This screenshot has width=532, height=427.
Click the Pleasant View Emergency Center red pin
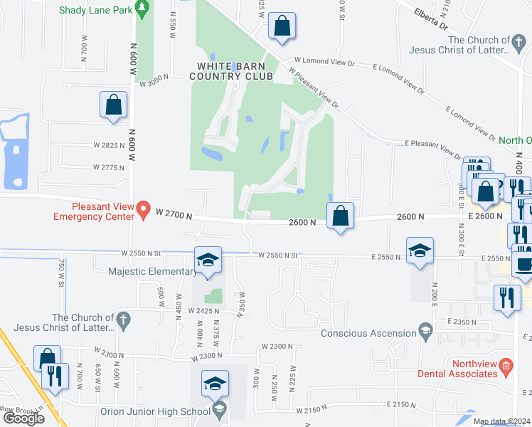click(144, 210)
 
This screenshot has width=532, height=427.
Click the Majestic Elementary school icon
click(208, 260)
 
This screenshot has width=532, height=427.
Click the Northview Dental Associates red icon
click(506, 367)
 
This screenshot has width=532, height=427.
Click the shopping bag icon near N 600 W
click(114, 105)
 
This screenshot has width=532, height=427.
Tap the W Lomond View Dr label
click(324, 63)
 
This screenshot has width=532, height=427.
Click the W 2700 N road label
click(174, 213)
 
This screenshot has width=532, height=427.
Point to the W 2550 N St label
click(142, 253)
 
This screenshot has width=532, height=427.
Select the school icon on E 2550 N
click(420, 250)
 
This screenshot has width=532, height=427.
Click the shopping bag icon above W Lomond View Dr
click(282, 26)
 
